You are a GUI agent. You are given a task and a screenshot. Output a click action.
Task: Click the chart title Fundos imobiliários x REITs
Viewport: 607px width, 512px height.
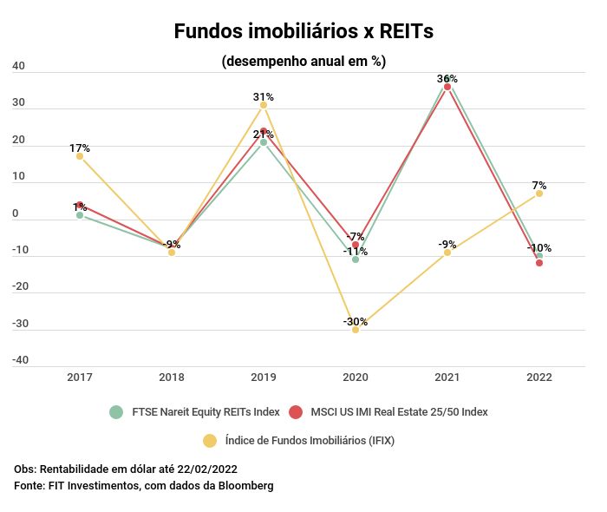(303, 31)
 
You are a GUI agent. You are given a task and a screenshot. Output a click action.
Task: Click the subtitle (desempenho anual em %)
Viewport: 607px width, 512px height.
(303, 62)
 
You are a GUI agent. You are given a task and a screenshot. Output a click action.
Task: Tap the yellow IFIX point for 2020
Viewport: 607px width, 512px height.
(356, 330)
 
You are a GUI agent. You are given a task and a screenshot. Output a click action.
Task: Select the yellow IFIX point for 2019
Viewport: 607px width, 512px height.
(264, 105)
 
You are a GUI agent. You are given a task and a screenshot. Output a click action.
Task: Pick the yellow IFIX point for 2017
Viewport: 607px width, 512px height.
(80, 156)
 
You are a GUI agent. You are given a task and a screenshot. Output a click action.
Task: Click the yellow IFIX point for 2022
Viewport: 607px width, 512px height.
(539, 194)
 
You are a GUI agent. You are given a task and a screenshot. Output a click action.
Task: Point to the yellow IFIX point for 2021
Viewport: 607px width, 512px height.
(447, 253)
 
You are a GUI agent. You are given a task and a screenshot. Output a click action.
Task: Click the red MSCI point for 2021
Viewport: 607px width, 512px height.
(447, 87)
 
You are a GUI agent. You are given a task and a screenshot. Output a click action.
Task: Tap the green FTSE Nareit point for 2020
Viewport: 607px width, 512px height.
(356, 259)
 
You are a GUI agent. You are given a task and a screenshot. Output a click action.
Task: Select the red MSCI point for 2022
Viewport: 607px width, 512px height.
(539, 263)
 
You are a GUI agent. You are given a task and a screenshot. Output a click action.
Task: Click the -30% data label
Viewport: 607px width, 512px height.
(356, 322)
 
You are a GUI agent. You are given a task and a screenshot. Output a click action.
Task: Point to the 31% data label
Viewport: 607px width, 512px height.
(264, 97)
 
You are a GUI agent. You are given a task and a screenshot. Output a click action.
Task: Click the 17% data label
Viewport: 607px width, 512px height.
(80, 148)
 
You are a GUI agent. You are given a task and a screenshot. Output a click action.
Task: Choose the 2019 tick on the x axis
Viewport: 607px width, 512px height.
(264, 377)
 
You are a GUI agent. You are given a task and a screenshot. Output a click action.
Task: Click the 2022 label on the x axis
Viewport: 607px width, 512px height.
(539, 377)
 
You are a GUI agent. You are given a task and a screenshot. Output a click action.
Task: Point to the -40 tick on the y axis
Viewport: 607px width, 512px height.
(19, 360)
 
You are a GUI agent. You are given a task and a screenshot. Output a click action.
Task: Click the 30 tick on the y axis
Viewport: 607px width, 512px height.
(19, 103)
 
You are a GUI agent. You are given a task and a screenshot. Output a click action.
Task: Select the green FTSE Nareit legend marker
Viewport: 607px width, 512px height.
(116, 412)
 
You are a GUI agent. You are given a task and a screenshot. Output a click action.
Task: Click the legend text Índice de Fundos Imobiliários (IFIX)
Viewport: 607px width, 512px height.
(310, 441)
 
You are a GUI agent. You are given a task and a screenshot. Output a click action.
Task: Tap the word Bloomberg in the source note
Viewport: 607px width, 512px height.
(247, 486)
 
